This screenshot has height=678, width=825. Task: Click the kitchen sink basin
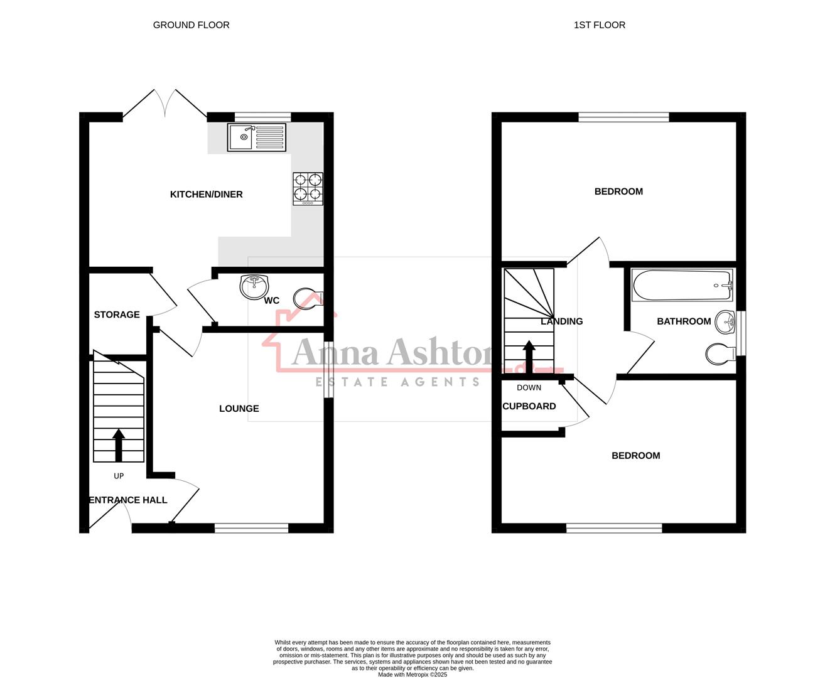coord(240,137)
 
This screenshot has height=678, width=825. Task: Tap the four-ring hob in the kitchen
coord(308,188)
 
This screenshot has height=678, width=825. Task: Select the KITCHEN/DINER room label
coord(206,195)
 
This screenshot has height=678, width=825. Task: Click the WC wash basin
coord(254,287)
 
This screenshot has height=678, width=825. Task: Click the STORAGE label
coord(117,315)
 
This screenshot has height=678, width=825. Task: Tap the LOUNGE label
coord(239,409)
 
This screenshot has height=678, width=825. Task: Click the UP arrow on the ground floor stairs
coord(118,445)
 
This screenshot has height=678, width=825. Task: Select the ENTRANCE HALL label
coord(128,500)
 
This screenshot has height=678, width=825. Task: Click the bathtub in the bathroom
coord(682,286)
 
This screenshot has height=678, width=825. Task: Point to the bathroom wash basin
coord(726,324)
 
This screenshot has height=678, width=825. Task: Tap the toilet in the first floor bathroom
coord(720,354)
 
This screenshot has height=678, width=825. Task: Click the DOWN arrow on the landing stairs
coord(529,356)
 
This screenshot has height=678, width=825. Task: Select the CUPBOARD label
coord(529,406)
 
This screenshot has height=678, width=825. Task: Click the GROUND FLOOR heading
coord(191,25)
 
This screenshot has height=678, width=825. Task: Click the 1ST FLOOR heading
coord(599,25)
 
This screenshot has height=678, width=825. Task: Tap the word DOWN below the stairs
coord(529,387)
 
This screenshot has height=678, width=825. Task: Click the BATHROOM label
coord(684,321)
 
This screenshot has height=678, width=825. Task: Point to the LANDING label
coord(562,321)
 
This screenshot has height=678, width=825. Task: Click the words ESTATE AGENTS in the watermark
coord(397,382)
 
